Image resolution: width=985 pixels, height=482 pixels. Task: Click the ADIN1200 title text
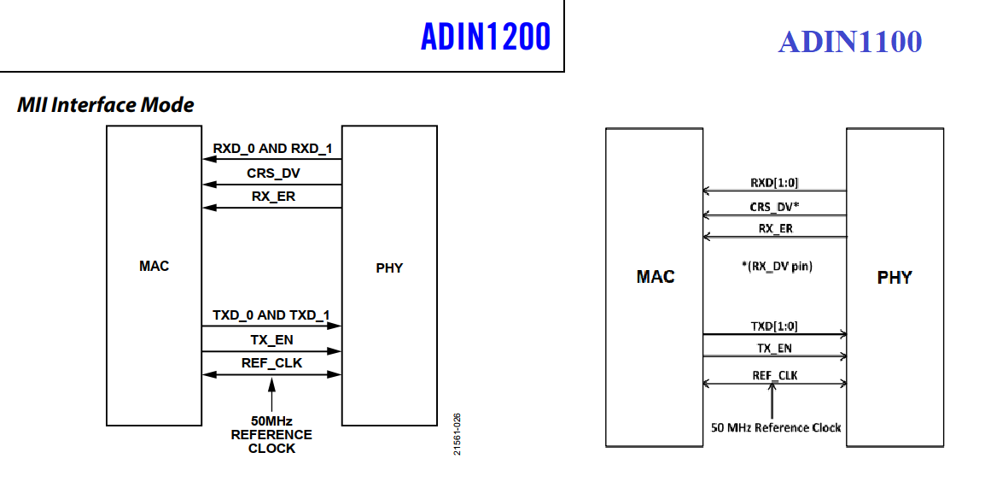pyautogui.click(x=486, y=37)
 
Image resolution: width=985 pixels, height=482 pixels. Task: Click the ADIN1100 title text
pyautogui.click(x=849, y=41)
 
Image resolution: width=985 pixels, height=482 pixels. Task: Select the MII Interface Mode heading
pyautogui.click(x=106, y=105)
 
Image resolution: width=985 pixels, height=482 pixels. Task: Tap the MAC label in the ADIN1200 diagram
pyautogui.click(x=154, y=266)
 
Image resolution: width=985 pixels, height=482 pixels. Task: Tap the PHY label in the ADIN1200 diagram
pyautogui.click(x=389, y=267)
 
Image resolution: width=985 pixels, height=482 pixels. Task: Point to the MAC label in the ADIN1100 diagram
pyautogui.click(x=656, y=276)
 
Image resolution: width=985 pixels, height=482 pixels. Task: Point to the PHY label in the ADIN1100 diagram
pyautogui.click(x=895, y=277)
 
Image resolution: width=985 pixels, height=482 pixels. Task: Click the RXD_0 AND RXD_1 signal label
pyautogui.click(x=271, y=149)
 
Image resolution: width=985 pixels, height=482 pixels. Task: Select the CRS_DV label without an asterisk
pyautogui.click(x=273, y=173)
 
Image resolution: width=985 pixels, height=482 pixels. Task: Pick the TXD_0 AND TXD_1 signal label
pyautogui.click(x=271, y=315)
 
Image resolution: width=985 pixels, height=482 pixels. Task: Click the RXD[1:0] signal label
pyautogui.click(x=774, y=183)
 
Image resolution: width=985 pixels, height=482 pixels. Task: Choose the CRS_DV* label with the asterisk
pyautogui.click(x=775, y=206)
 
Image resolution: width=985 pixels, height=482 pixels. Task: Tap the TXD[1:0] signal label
pyautogui.click(x=774, y=326)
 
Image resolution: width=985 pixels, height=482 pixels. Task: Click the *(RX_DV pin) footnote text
pyautogui.click(x=776, y=266)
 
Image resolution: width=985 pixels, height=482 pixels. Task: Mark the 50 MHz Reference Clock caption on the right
pyautogui.click(x=776, y=427)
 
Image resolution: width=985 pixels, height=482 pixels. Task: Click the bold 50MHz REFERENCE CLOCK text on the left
pyautogui.click(x=271, y=434)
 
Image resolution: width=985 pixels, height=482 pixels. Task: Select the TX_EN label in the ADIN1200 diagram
pyautogui.click(x=271, y=340)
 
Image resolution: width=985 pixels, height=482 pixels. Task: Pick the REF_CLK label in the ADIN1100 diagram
pyautogui.click(x=775, y=375)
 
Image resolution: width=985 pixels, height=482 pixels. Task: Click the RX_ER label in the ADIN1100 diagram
pyautogui.click(x=775, y=228)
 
